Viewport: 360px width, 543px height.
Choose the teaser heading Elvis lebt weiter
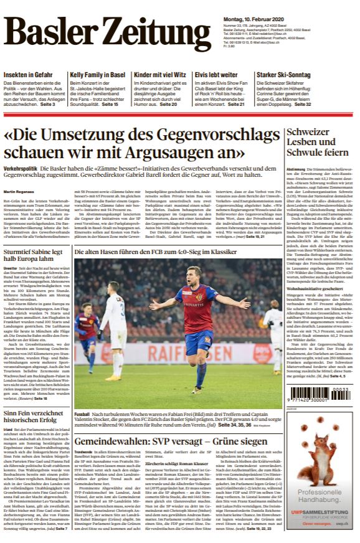click(x=215, y=75)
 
